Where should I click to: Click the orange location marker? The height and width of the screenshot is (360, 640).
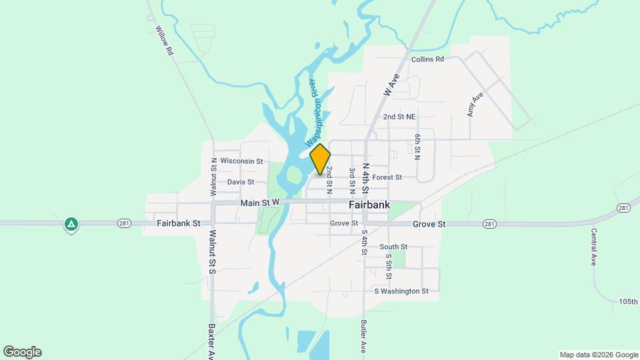pyautogui.click(x=321, y=159)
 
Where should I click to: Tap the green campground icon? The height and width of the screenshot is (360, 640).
pyautogui.click(x=71, y=224)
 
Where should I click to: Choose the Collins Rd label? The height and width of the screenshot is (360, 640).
pyautogui.click(x=427, y=59)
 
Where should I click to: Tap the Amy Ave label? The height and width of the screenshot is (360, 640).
pyautogui.click(x=475, y=105)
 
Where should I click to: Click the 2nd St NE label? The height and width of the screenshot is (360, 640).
pyautogui.click(x=399, y=117)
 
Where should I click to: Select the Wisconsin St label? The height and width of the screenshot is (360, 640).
pyautogui.click(x=242, y=161)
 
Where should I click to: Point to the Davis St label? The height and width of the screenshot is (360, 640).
pyautogui.click(x=241, y=182)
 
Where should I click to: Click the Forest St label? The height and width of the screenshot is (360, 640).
pyautogui.click(x=387, y=177)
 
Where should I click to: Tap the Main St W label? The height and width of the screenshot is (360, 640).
pyautogui.click(x=260, y=203)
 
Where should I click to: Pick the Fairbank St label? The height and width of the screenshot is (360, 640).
pyautogui.click(x=179, y=224)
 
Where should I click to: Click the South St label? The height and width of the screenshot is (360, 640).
pyautogui.click(x=393, y=247)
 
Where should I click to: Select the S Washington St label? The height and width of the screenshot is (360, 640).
pyautogui.click(x=401, y=291)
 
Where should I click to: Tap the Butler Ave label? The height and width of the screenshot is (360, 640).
pyautogui.click(x=363, y=337)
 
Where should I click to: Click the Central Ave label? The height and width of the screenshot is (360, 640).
pyautogui.click(x=593, y=247)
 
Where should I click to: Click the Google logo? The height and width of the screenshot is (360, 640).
pyautogui.click(x=22, y=352)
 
